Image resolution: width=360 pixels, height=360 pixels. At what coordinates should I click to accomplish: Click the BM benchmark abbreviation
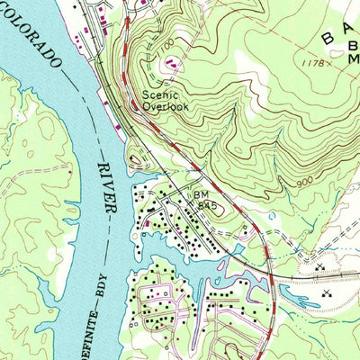tap(199, 193)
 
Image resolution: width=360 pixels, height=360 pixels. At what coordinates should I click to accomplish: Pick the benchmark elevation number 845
tap(209, 205)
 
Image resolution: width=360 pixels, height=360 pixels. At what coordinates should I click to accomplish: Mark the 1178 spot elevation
tap(312, 63)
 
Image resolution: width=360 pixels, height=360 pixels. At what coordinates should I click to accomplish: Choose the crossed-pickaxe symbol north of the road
tap(320, 267)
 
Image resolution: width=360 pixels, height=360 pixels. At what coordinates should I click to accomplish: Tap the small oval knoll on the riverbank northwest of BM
tap(137, 161)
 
